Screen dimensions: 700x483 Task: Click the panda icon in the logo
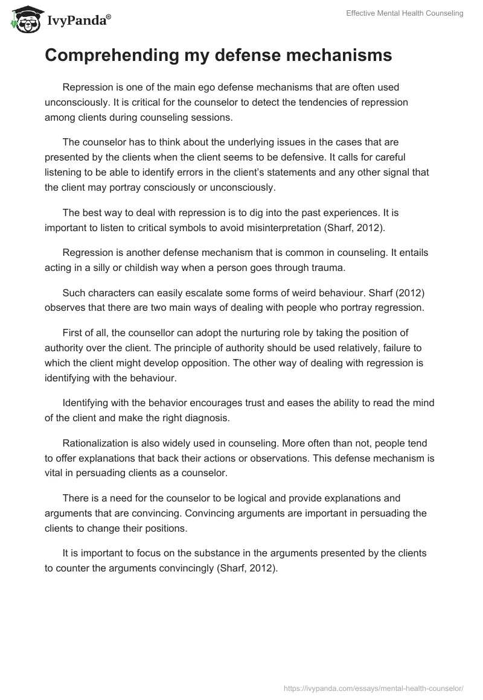click(25, 19)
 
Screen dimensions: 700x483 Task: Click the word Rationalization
click(97, 444)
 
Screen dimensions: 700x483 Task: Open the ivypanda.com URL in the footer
click(373, 687)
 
